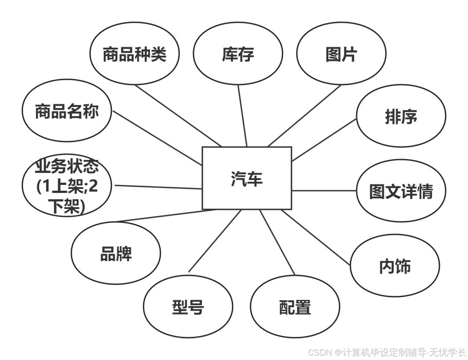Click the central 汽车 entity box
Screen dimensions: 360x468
pyautogui.click(x=247, y=178)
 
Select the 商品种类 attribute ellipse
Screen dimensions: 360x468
pyautogui.click(x=135, y=54)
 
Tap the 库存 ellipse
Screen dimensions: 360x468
pyautogui.click(x=238, y=54)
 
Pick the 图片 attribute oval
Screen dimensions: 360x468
pyautogui.click(x=341, y=54)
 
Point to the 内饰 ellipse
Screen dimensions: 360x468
pyautogui.click(x=395, y=266)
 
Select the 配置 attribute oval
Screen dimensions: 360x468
pyautogui.click(x=295, y=307)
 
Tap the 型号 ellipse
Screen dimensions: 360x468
pyautogui.click(x=188, y=307)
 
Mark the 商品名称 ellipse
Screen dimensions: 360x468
pyautogui.click(x=67, y=111)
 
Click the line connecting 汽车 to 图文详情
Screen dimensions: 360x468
pyautogui.click(x=324, y=191)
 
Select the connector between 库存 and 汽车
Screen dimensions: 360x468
pyautogui.click(x=242, y=116)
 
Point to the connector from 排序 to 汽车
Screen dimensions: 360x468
pyautogui.click(x=324, y=139)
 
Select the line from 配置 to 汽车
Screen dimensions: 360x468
pyautogui.click(x=277, y=242)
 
